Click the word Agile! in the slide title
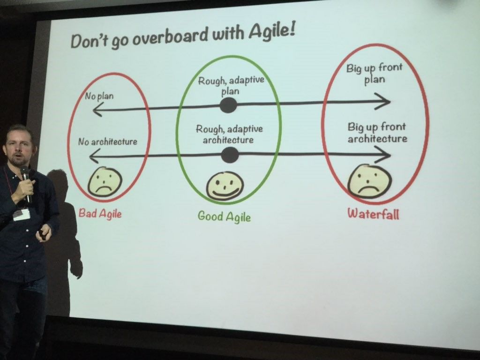[x=271, y=31]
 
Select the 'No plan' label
[x=99, y=97]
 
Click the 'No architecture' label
[x=107, y=142]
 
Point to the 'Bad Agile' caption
[x=100, y=213]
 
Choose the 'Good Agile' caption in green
[x=224, y=217]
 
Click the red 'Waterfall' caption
[x=373, y=213]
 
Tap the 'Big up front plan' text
[x=374, y=74]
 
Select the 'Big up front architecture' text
[x=377, y=133]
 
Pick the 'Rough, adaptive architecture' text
[x=229, y=135]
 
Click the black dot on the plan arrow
[x=228, y=105]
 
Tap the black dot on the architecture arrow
[x=230, y=155]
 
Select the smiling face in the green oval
[x=225, y=186]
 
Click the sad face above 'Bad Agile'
[x=105, y=182]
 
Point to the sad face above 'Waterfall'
[x=369, y=181]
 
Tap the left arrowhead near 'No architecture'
[x=95, y=156]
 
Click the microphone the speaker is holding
[x=26, y=183]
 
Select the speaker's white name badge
[x=22, y=214]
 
